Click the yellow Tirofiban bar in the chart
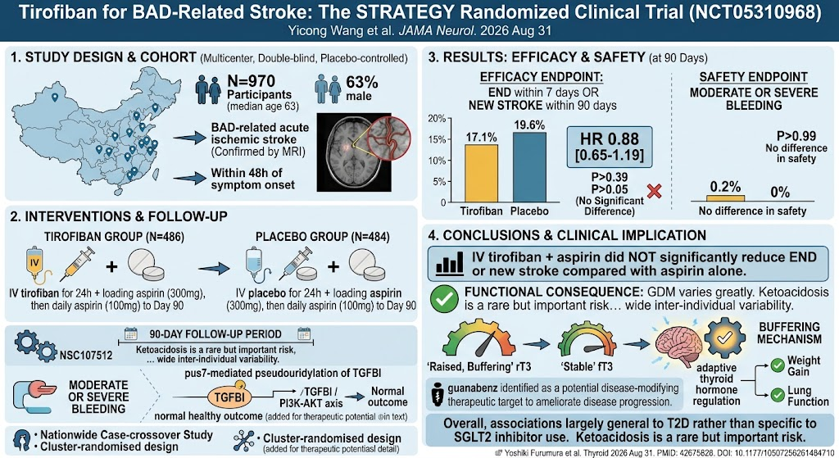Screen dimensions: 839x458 [481, 174]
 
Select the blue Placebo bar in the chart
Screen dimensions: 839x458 [529, 167]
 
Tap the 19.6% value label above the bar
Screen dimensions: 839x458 [529, 125]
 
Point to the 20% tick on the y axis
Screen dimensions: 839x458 [437, 118]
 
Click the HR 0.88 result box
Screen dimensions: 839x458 [610, 147]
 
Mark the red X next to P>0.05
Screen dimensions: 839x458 [654, 190]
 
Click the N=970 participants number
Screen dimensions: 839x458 [251, 81]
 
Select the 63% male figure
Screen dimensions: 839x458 [361, 83]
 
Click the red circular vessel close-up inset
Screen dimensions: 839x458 [389, 137]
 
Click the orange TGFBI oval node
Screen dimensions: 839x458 [229, 397]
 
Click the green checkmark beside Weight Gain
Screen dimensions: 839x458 [778, 366]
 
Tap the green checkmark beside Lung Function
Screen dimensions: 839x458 [778, 396]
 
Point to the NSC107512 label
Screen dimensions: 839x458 [86, 356]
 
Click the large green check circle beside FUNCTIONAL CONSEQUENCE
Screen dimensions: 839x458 [444, 299]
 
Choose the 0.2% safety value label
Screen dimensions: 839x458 [725, 187]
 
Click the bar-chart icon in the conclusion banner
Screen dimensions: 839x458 [450, 265]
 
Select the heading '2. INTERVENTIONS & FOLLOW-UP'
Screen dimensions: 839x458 [118, 216]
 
